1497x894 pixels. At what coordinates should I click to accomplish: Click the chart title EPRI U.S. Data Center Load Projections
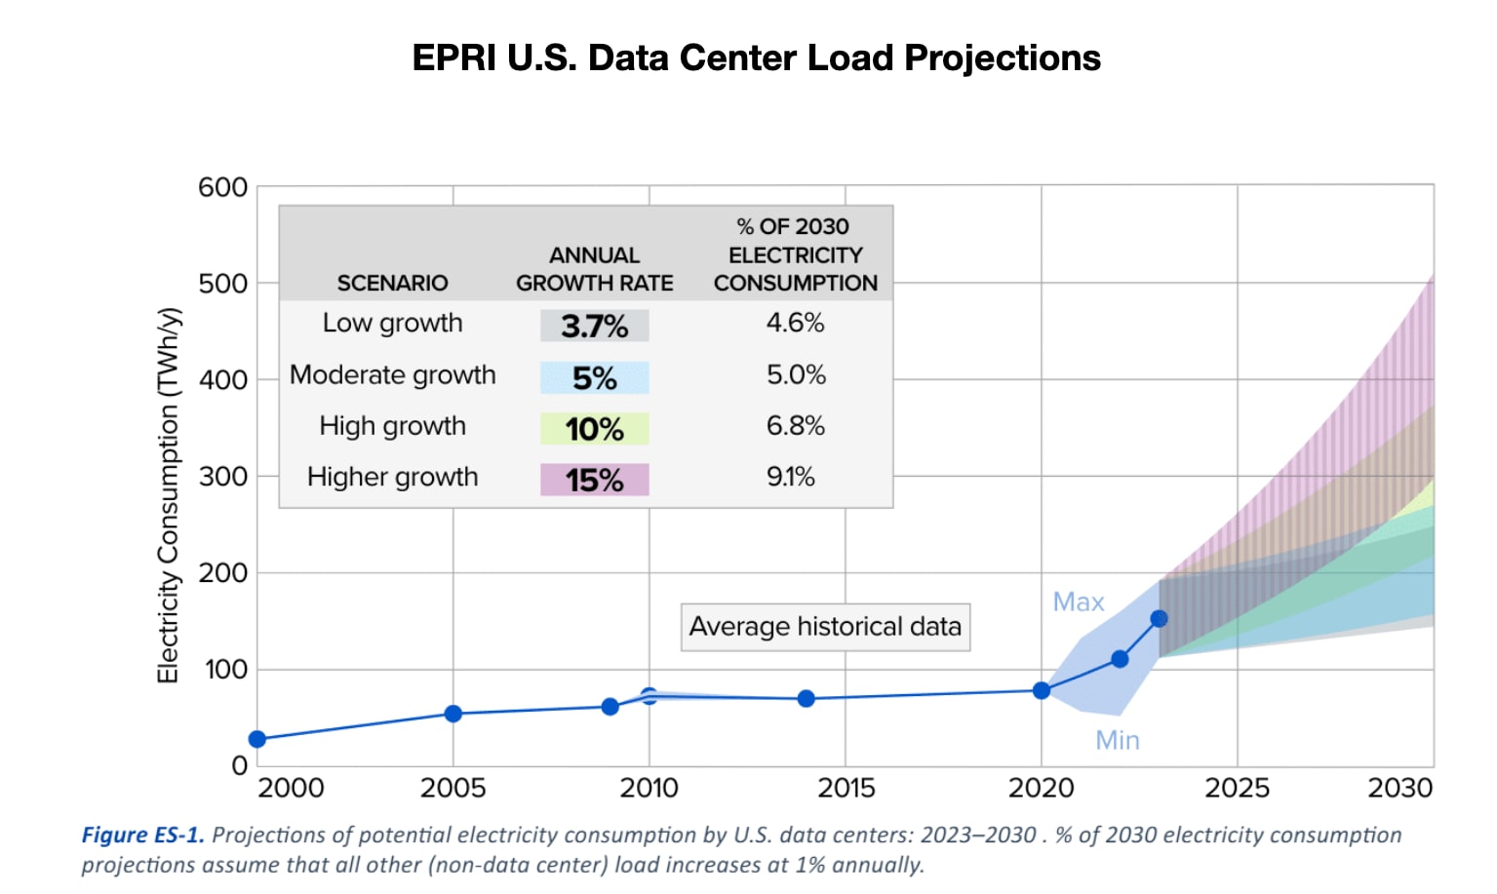756,58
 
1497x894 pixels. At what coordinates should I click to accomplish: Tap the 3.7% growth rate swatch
594,326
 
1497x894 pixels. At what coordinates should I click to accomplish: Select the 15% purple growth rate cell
594,480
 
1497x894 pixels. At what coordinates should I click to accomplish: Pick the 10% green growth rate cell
594,429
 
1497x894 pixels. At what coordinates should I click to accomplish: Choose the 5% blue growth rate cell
594,377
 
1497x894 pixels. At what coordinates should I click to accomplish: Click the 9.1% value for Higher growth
790,477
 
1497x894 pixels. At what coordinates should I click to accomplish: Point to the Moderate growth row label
392,375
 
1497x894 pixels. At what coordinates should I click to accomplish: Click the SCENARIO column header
392,283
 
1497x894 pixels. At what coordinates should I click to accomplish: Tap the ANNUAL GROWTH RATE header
594,269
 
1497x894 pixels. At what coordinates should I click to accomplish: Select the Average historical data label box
825,626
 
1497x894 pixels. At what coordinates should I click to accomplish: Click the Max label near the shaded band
1078,602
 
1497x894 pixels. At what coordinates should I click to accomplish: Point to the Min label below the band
1117,740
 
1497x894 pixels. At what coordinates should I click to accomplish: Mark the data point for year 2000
257,739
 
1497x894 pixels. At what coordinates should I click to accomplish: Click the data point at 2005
453,714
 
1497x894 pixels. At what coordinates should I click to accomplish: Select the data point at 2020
1041,690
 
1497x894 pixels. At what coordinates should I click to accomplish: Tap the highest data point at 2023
1159,618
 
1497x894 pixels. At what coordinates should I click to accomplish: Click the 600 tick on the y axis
223,187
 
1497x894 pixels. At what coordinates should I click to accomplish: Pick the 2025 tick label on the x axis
1237,788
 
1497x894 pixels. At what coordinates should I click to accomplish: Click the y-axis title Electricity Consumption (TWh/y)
169,495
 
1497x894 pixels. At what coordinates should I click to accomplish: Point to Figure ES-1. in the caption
142,835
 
